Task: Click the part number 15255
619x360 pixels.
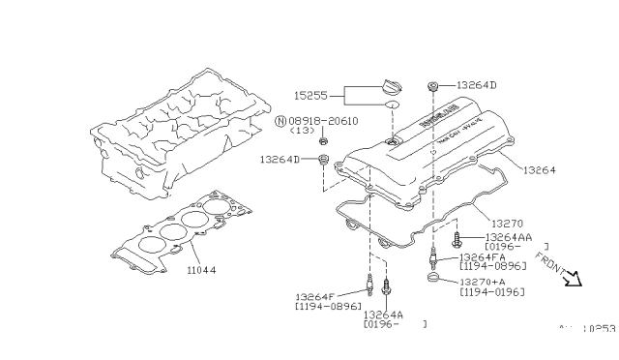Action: tap(310, 96)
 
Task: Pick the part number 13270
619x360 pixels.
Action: tap(505, 224)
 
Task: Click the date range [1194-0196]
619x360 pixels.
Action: tap(493, 291)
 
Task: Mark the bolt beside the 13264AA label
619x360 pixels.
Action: tap(457, 235)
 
